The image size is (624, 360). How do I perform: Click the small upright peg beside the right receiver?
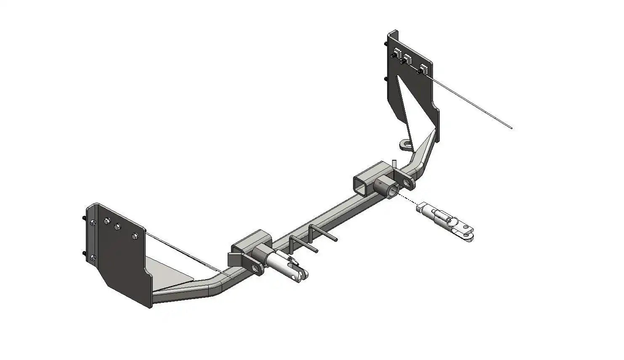coord(394,163)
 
